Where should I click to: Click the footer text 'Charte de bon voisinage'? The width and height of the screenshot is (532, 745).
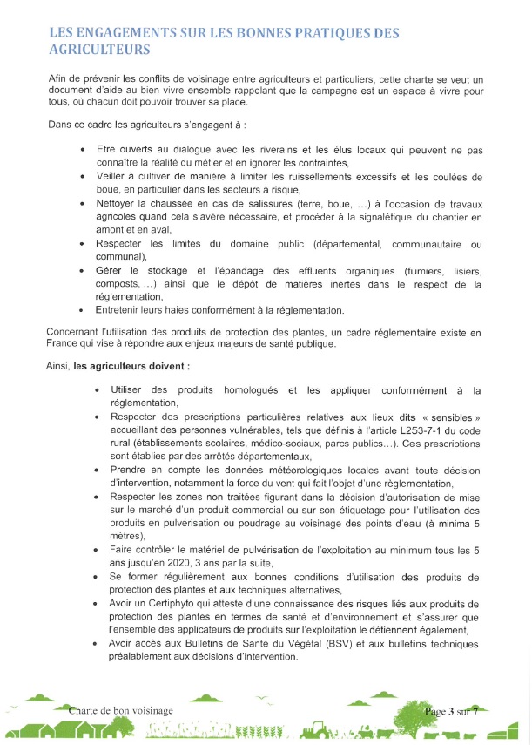(x=121, y=711)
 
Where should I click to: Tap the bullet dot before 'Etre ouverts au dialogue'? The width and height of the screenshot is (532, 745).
(x=82, y=151)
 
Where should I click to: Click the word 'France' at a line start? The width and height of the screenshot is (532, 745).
(x=64, y=343)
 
